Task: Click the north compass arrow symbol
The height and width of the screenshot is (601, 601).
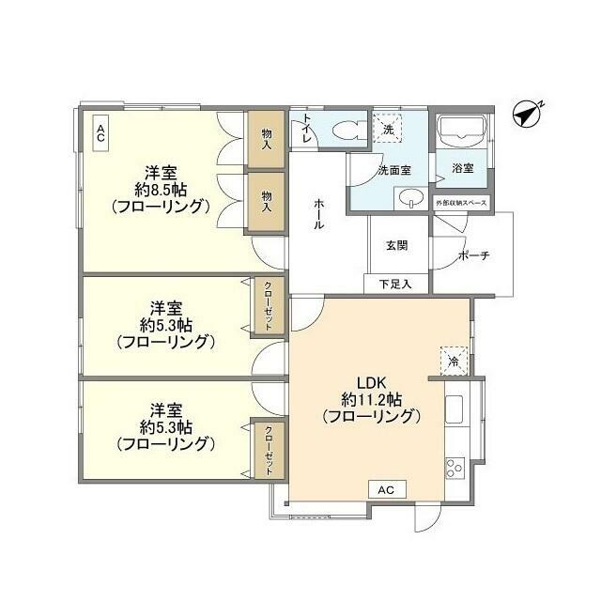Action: tap(528, 115)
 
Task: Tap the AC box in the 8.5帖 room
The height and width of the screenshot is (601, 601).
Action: tap(100, 131)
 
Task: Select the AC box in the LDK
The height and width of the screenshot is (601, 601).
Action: tap(386, 490)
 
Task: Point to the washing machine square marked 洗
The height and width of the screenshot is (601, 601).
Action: tap(389, 130)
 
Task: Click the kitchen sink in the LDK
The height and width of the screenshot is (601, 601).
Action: tap(454, 411)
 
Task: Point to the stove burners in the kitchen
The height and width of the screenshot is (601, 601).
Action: tap(455, 466)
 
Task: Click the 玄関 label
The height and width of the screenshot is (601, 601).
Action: tap(396, 246)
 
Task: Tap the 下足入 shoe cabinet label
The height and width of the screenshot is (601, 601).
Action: tap(395, 283)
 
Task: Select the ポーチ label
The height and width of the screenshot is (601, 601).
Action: tap(472, 255)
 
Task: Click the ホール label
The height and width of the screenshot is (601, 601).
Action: tap(320, 215)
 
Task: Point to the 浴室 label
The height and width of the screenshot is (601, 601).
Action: tap(462, 169)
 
